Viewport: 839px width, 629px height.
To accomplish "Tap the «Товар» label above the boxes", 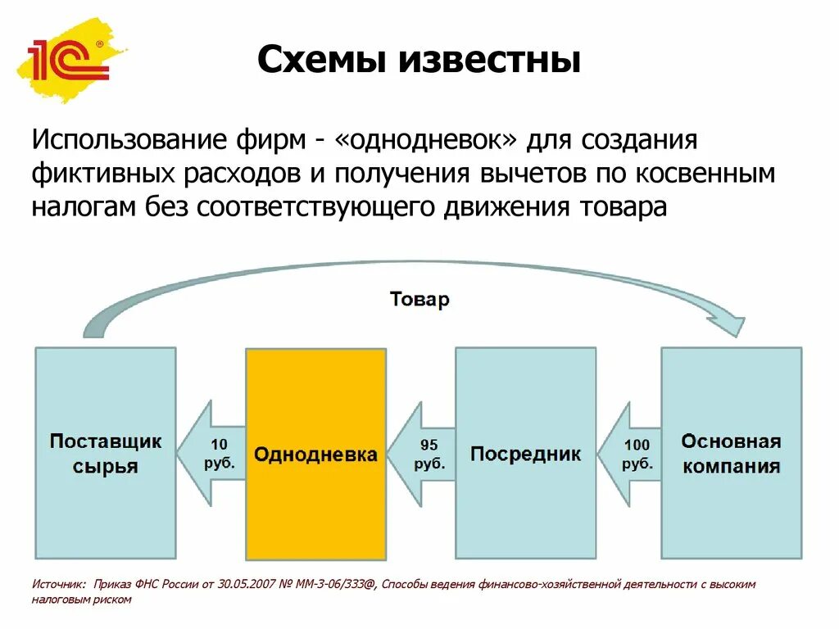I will (x=419, y=299).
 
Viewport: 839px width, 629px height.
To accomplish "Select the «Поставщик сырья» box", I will (x=106, y=508).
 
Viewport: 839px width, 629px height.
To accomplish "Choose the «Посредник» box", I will (x=525, y=508).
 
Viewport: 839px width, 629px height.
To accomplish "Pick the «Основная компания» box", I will (x=731, y=508).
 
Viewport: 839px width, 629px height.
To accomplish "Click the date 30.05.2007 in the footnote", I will (x=244, y=585).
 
